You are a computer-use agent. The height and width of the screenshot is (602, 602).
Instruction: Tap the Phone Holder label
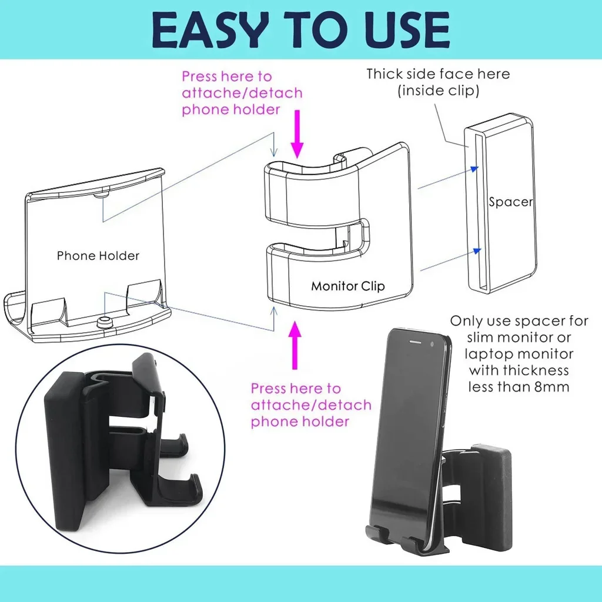(98, 256)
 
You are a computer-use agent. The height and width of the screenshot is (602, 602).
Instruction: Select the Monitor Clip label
(348, 286)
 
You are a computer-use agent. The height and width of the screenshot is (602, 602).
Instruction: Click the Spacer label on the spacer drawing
(511, 202)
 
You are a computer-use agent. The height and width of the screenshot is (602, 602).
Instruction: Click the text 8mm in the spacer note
(550, 387)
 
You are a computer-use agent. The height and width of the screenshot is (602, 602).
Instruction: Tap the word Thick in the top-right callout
(386, 74)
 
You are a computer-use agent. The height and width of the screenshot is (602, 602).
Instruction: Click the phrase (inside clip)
(438, 91)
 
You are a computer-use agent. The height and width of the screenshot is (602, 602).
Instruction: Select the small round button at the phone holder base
(106, 321)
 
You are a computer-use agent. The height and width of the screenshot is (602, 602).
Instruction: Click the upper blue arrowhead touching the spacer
(474, 169)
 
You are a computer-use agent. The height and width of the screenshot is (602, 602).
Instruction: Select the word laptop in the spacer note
(484, 354)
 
